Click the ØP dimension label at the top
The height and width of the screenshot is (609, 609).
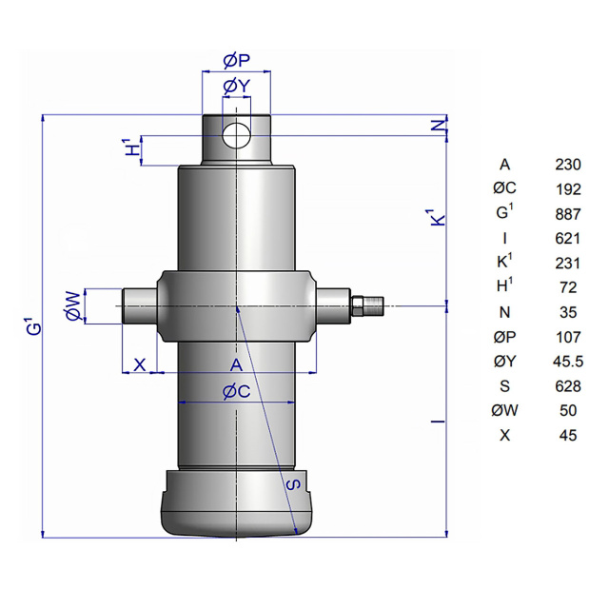[236, 61]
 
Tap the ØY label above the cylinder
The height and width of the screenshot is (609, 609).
[236, 87]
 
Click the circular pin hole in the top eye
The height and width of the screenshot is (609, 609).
[237, 135]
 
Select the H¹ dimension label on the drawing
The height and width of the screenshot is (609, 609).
[133, 147]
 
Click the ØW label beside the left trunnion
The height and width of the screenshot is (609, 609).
[73, 306]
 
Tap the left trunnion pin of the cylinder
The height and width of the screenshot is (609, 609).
[140, 306]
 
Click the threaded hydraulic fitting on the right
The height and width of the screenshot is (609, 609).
[367, 305]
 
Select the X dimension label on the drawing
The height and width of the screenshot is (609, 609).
[140, 365]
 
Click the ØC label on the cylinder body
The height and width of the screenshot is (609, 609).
[237, 391]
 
